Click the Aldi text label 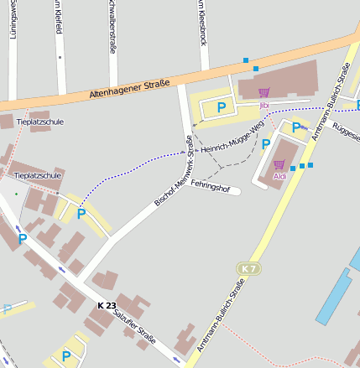(280, 176)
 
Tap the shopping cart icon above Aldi (279, 164)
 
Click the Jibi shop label (263, 106)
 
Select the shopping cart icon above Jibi (263, 92)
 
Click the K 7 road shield (246, 267)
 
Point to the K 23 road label (107, 304)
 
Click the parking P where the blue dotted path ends (81, 214)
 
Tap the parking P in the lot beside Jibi (222, 106)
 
